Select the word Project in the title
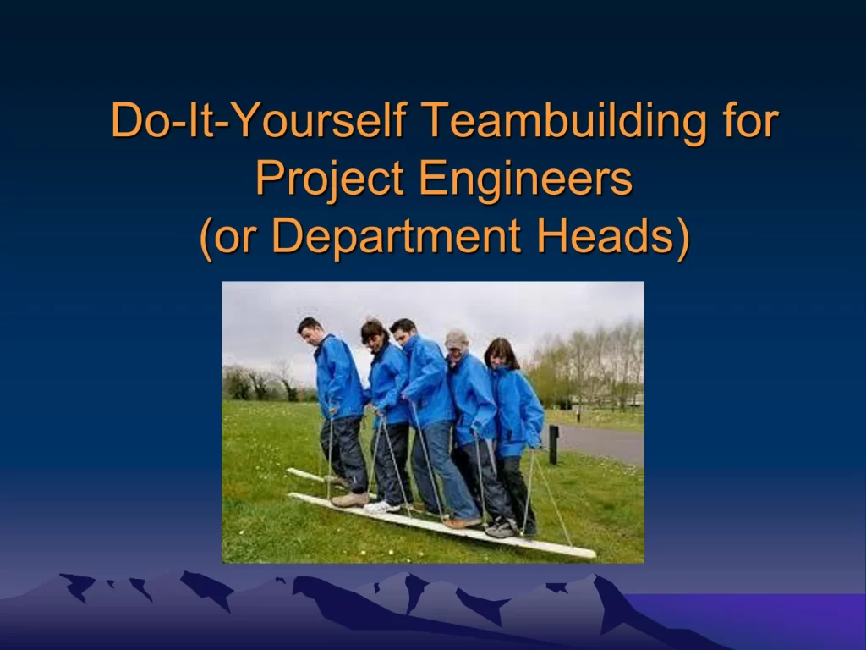tap(329, 179)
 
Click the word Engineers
tap(525, 179)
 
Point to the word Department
tap(396, 236)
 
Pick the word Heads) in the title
tap(612, 236)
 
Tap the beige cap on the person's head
tap(456, 339)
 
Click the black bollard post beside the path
tap(553, 444)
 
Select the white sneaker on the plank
tap(381, 507)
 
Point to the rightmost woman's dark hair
tap(501, 353)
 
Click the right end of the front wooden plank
tap(593, 554)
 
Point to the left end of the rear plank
tap(289, 471)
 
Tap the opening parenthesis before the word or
tap(206, 238)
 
